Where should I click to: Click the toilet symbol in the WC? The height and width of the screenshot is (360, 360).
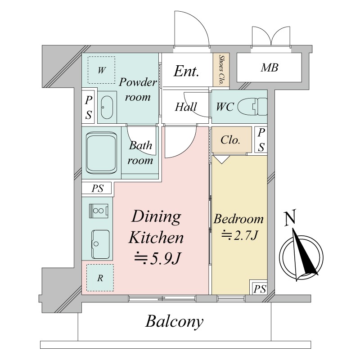[252, 107]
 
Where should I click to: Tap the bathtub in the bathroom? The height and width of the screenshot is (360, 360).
[101, 153]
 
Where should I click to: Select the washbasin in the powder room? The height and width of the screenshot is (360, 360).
[107, 107]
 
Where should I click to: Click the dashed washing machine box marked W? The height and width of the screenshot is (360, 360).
[102, 70]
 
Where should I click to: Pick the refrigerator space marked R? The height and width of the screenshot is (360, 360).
[100, 278]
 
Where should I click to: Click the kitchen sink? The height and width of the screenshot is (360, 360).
[100, 244]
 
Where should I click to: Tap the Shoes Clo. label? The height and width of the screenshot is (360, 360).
[221, 70]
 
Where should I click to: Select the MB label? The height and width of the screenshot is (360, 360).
[269, 67]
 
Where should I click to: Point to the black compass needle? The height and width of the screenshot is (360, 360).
[305, 254]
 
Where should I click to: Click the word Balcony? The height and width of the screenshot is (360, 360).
[175, 322]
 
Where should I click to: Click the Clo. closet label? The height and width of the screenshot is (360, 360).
[230, 140]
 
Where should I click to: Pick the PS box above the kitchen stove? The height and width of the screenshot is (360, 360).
[98, 189]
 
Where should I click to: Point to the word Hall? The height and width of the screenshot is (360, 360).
[186, 107]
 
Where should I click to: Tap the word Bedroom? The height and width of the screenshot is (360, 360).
[238, 219]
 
